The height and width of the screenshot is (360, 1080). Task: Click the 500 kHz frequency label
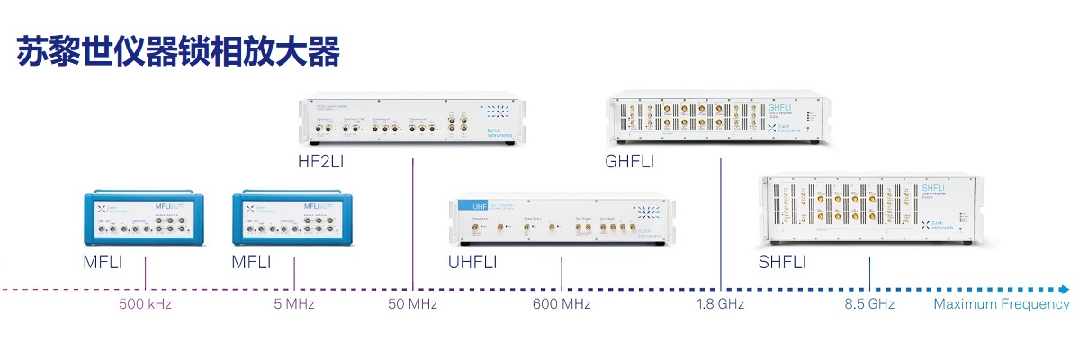(x=145, y=304)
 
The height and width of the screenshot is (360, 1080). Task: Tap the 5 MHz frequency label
(x=294, y=304)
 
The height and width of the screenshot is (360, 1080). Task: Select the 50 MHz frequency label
(x=412, y=304)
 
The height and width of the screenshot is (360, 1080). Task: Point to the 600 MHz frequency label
(x=562, y=304)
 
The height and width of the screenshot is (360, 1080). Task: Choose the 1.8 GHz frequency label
(x=720, y=304)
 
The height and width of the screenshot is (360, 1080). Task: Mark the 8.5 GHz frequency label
(x=869, y=304)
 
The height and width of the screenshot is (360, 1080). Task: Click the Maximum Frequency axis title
(x=1001, y=304)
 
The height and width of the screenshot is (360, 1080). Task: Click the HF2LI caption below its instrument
(x=321, y=163)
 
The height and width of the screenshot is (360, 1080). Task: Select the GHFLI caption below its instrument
(x=630, y=163)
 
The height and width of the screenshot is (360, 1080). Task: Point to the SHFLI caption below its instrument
(x=783, y=263)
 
